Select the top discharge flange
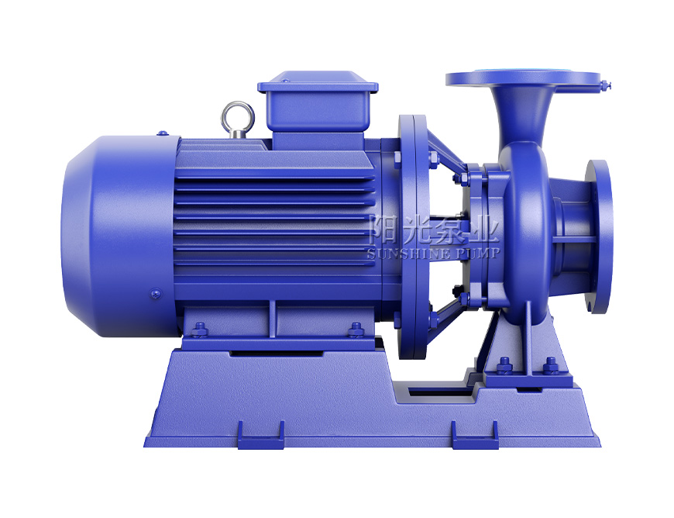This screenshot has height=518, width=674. [523, 78]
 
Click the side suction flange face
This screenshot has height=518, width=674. [600, 237]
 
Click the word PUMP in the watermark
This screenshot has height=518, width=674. [479, 253]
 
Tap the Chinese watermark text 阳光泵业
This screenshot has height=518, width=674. [433, 230]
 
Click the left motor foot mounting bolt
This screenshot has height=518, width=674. [199, 330]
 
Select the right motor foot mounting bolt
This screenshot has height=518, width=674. [356, 330]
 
